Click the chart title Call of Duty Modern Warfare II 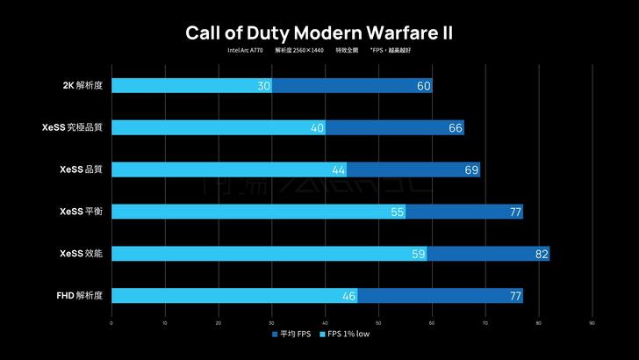click(x=319, y=32)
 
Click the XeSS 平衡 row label click(x=81, y=211)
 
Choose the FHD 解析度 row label click(x=79, y=295)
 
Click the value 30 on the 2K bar click(x=263, y=86)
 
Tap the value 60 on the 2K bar click(x=424, y=86)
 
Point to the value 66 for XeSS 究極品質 click(x=456, y=128)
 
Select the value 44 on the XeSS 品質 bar click(x=338, y=169)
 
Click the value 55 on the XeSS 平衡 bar click(x=397, y=212)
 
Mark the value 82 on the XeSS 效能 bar click(x=542, y=254)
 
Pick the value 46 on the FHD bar click(x=348, y=296)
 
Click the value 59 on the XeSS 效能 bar click(x=418, y=254)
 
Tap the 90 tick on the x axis click(x=592, y=323)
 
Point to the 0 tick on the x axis click(x=111, y=323)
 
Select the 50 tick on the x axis click(x=378, y=323)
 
